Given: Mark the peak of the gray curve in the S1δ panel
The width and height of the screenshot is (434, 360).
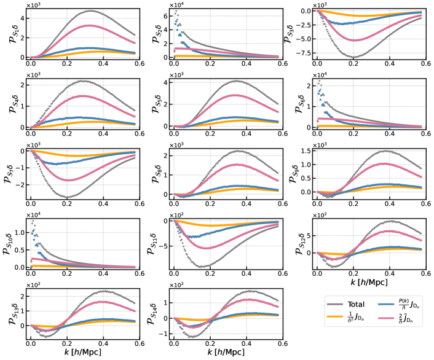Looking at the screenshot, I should (x=91, y=11).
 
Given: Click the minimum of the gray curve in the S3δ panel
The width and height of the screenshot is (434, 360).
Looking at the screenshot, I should (x=355, y=57).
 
